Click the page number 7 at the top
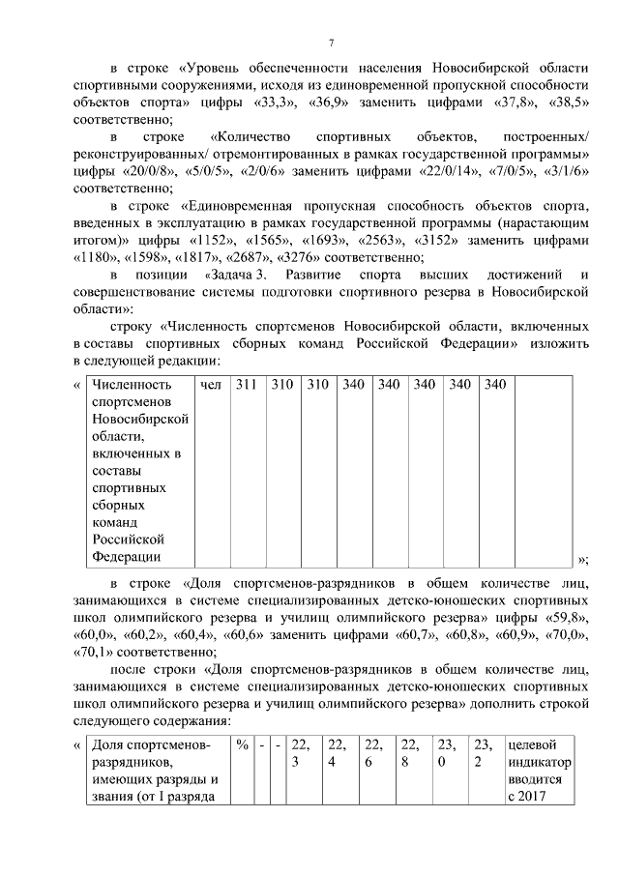331,44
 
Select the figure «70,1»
97,651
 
